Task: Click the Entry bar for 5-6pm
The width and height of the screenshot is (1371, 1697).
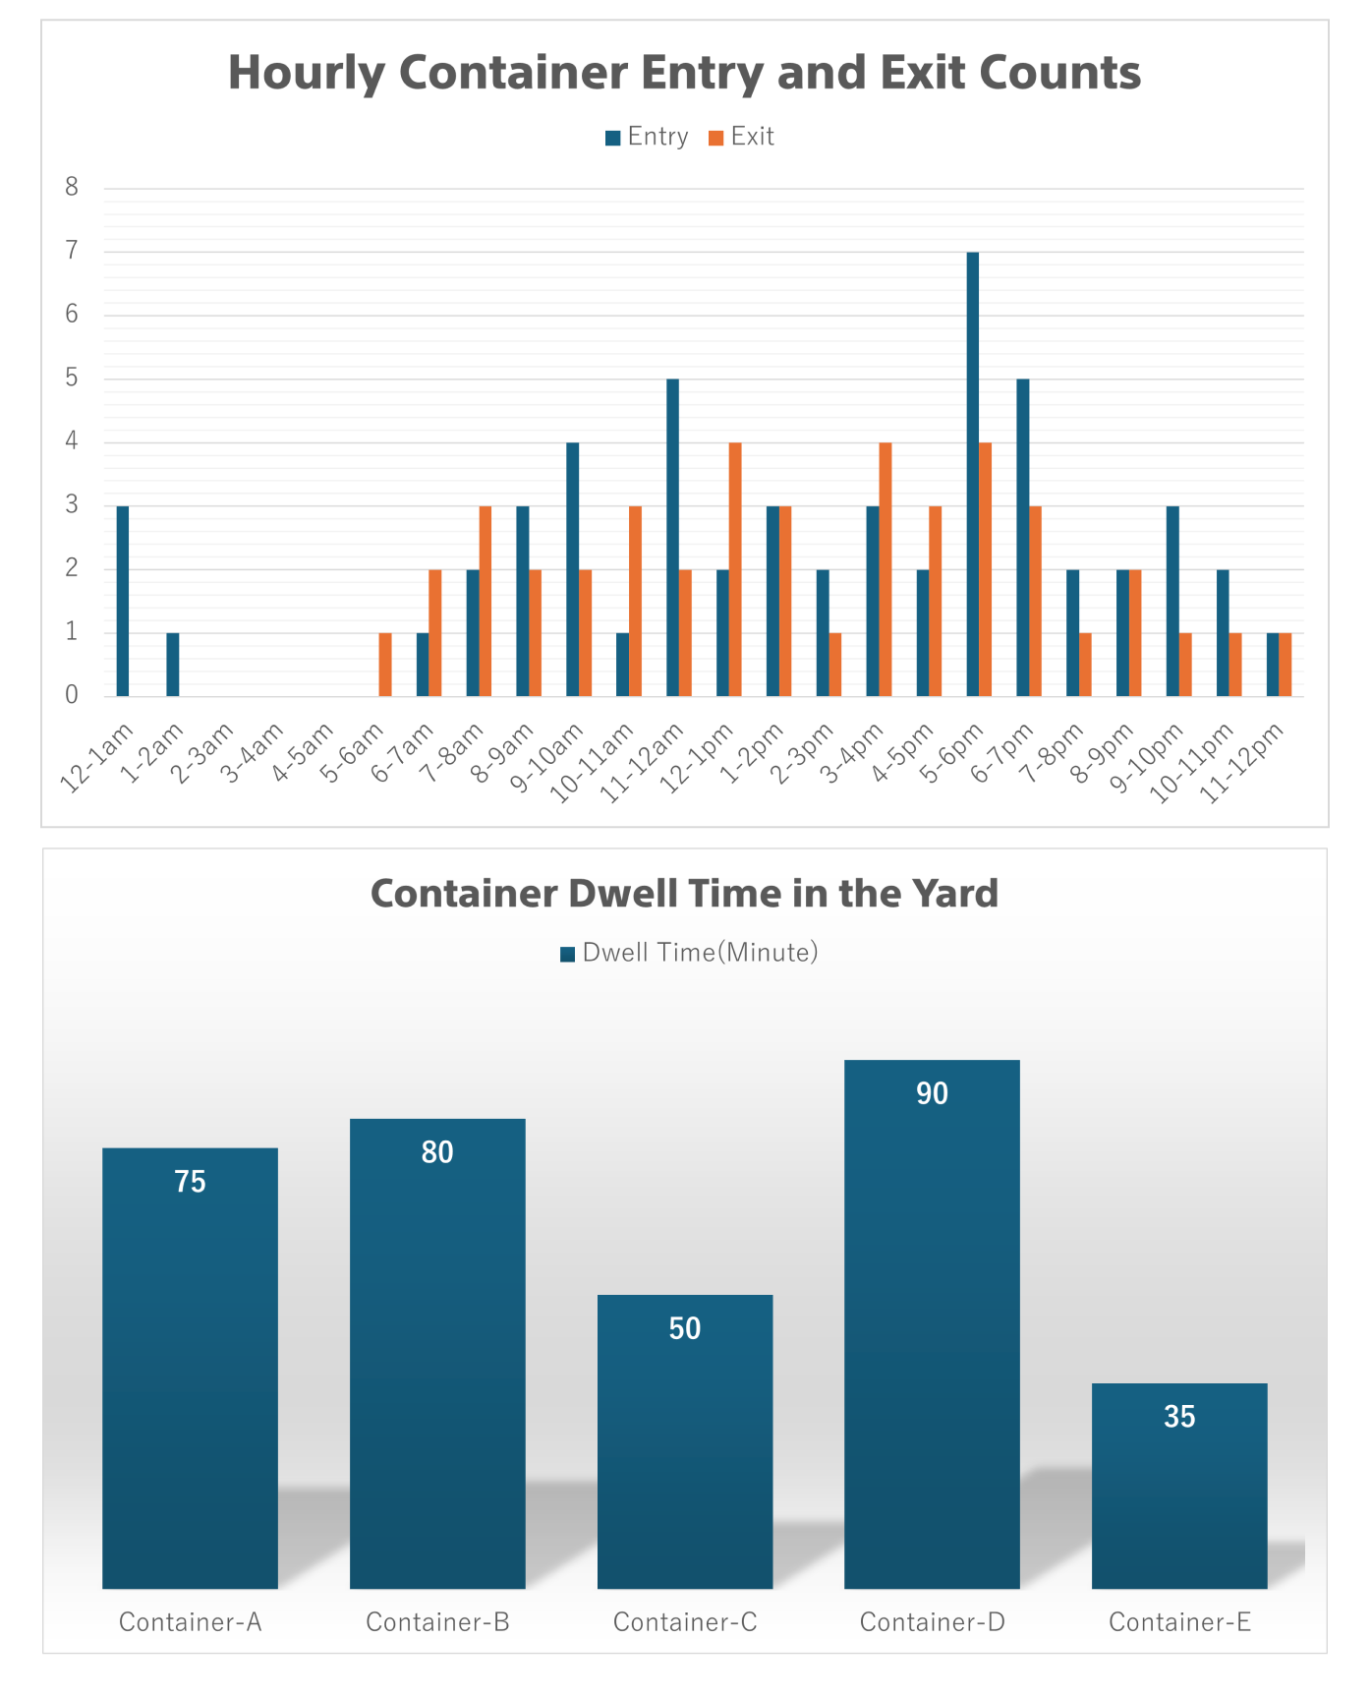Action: tap(973, 474)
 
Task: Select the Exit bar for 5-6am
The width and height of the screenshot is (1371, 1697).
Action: tap(385, 665)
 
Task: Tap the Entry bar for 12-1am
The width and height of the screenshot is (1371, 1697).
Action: tap(123, 601)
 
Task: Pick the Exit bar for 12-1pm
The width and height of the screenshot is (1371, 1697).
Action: tap(735, 569)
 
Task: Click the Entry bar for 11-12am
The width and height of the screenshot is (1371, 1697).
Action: tap(673, 538)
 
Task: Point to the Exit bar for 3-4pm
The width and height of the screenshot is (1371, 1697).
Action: tap(885, 569)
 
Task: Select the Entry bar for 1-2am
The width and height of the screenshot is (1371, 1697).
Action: tap(173, 665)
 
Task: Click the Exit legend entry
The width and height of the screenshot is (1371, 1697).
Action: tap(742, 137)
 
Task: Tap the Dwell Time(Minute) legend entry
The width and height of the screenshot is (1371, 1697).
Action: tap(689, 953)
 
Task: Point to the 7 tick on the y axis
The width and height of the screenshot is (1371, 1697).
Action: tap(72, 251)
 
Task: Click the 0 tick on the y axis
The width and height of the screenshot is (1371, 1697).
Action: tap(72, 695)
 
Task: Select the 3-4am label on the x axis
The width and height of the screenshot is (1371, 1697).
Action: tap(253, 753)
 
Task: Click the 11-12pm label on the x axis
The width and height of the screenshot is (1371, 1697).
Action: tap(1244, 763)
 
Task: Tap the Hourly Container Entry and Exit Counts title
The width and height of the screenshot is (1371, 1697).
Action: tap(684, 73)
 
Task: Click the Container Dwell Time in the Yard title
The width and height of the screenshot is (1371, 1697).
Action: tap(684, 893)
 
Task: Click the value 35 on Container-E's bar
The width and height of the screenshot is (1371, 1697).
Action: tap(1179, 1417)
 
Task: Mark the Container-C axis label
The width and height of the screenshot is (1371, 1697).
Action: tap(685, 1622)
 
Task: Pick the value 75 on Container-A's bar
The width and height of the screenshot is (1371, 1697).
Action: tap(190, 1182)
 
